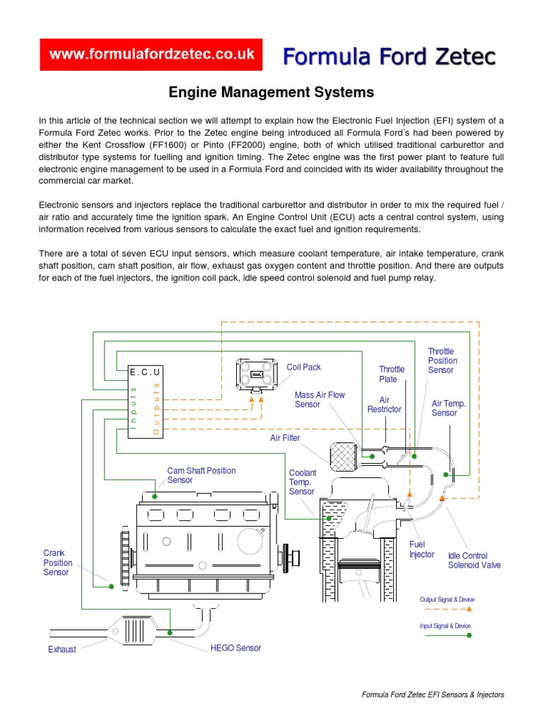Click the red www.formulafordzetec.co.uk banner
[151, 55]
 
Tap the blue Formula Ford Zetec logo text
[390, 57]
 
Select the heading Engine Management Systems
[271, 92]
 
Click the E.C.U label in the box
[146, 372]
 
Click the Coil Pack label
[303, 367]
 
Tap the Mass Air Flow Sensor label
[320, 400]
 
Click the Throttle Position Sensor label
[441, 360]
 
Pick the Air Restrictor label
[385, 405]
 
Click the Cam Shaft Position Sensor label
[202, 475]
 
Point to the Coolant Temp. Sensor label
[303, 482]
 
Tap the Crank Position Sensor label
[56, 562]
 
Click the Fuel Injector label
[422, 549]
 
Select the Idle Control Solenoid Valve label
[474, 560]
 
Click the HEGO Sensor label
[235, 648]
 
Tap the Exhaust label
[62, 649]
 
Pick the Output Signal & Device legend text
[447, 600]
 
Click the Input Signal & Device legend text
[445, 626]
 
